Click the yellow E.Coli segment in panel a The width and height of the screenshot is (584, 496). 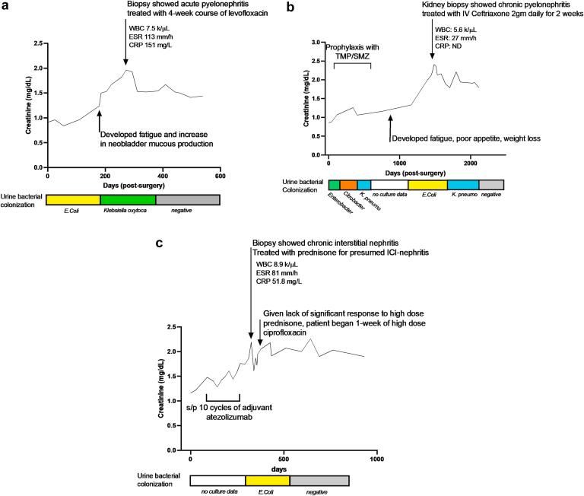click(x=73, y=200)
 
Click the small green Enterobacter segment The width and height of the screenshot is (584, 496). click(x=334, y=185)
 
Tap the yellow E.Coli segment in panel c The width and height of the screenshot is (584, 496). click(x=268, y=481)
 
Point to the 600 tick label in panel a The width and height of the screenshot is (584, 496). click(x=220, y=176)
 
